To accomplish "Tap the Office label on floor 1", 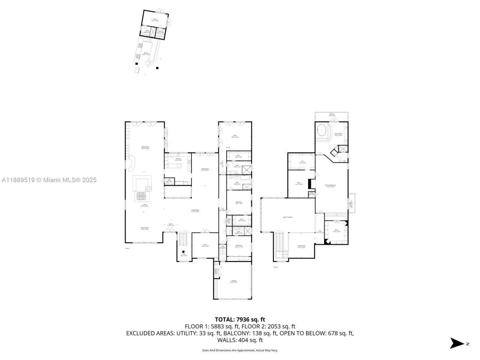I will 235,136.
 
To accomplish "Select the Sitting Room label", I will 145,148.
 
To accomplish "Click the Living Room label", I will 195,211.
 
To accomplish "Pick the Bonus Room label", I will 145,228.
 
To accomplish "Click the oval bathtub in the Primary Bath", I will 321,131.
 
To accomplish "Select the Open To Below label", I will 288,217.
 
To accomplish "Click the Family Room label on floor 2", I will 301,246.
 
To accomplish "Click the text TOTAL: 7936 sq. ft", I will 240,319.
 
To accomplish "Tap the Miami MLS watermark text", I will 49,180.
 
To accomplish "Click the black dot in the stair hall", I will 183,252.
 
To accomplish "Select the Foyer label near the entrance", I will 170,225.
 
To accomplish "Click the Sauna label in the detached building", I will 160,33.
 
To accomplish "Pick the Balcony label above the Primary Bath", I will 332,114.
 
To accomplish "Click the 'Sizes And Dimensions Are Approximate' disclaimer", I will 240,350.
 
